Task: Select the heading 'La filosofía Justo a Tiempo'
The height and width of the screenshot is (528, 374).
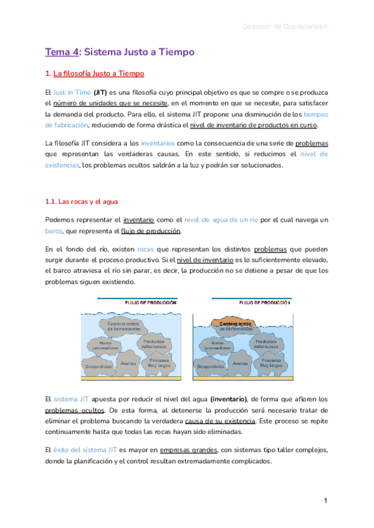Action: tap(98, 74)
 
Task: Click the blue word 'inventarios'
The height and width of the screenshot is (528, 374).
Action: tap(158, 143)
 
